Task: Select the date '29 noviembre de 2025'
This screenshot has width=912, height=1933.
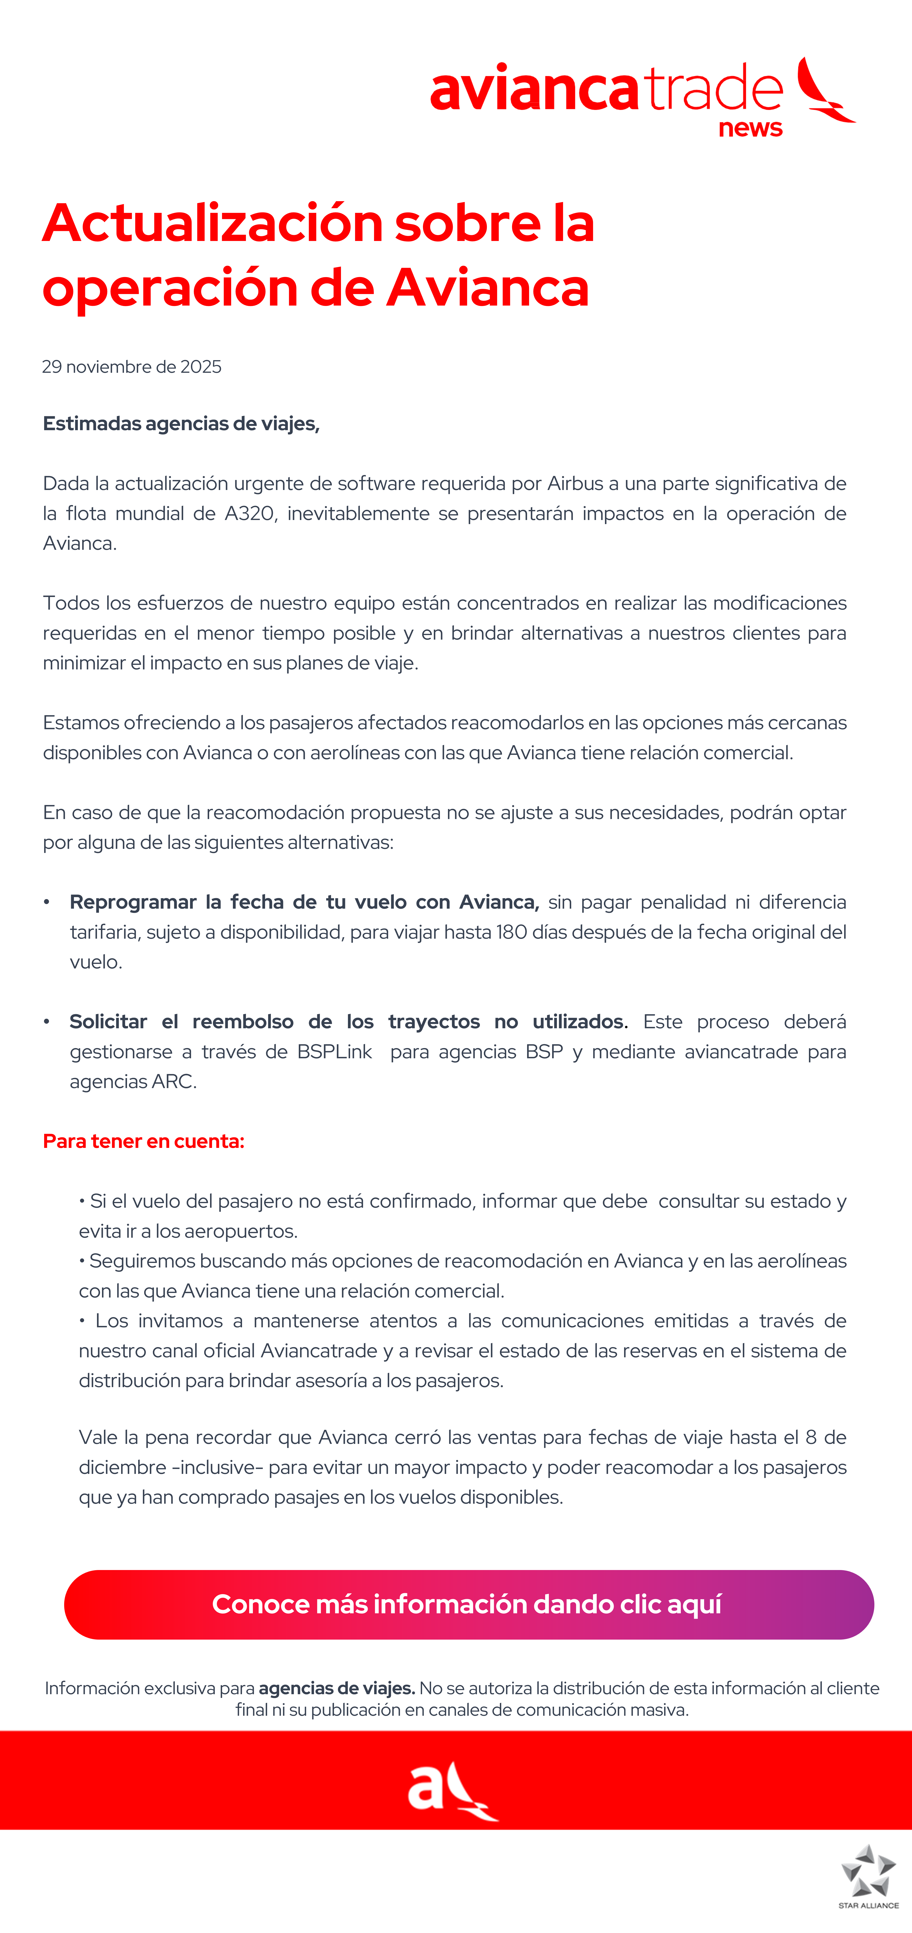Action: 132,367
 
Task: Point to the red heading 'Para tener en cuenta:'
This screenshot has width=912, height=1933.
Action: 143,1141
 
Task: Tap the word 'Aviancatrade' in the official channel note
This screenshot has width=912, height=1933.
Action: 319,1351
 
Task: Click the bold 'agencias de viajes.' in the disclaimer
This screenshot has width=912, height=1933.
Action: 337,1688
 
